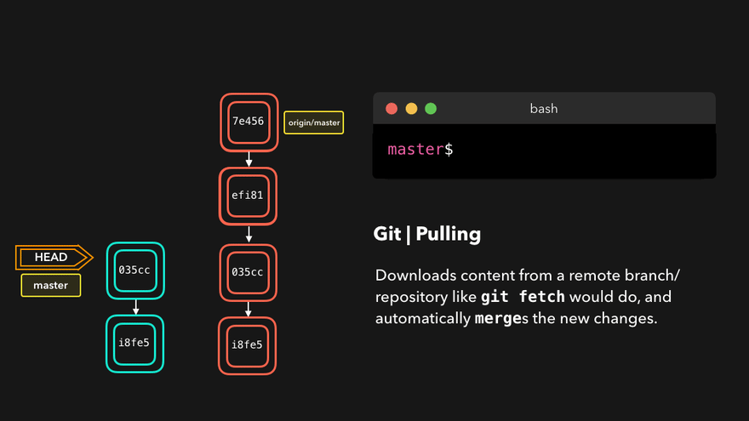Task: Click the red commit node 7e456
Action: click(x=249, y=122)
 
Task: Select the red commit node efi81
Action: click(x=249, y=195)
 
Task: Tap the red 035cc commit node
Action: click(x=248, y=272)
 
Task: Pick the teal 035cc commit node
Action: click(x=135, y=270)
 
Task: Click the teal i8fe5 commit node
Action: click(x=135, y=344)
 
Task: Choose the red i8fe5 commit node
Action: click(x=248, y=344)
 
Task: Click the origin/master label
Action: click(x=313, y=123)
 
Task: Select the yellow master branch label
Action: click(x=51, y=285)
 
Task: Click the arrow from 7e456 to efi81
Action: click(x=249, y=158)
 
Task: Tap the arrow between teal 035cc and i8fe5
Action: click(x=135, y=307)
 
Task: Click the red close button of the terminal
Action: click(x=392, y=109)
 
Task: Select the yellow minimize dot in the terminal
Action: click(x=411, y=109)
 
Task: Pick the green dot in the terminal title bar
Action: click(x=431, y=109)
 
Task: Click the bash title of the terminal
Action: click(x=544, y=109)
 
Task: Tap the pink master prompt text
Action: click(x=415, y=149)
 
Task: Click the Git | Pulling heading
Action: click(x=427, y=234)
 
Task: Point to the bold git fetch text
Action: click(x=523, y=298)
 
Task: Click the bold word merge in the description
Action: click(x=500, y=319)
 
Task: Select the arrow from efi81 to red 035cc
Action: click(x=249, y=234)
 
